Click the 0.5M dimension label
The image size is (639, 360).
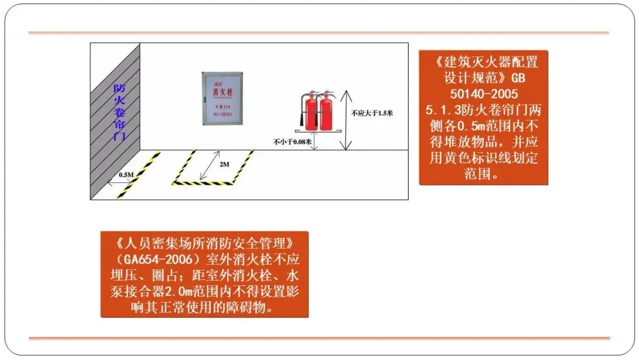125,175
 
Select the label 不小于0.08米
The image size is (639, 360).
292,142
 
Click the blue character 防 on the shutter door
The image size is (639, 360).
118,89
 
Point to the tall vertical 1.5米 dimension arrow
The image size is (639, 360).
347,118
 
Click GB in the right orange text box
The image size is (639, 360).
517,78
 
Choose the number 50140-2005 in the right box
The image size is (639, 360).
483,94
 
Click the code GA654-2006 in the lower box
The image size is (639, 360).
153,260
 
